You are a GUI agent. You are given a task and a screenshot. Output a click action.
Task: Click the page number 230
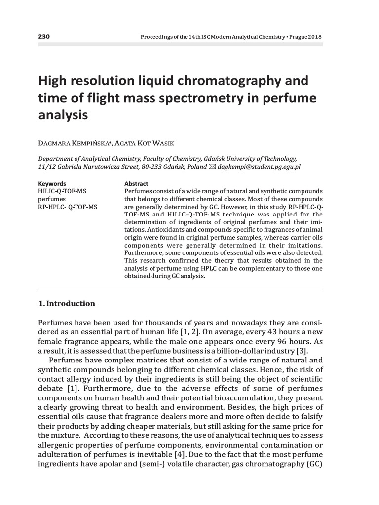44,37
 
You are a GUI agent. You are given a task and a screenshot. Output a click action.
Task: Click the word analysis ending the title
63,115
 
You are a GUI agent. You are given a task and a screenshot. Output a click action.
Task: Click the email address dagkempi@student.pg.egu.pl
259,167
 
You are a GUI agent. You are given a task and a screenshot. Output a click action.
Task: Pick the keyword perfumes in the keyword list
51,199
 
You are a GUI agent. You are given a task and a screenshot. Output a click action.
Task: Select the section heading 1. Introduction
67,303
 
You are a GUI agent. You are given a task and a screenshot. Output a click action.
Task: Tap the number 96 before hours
281,342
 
